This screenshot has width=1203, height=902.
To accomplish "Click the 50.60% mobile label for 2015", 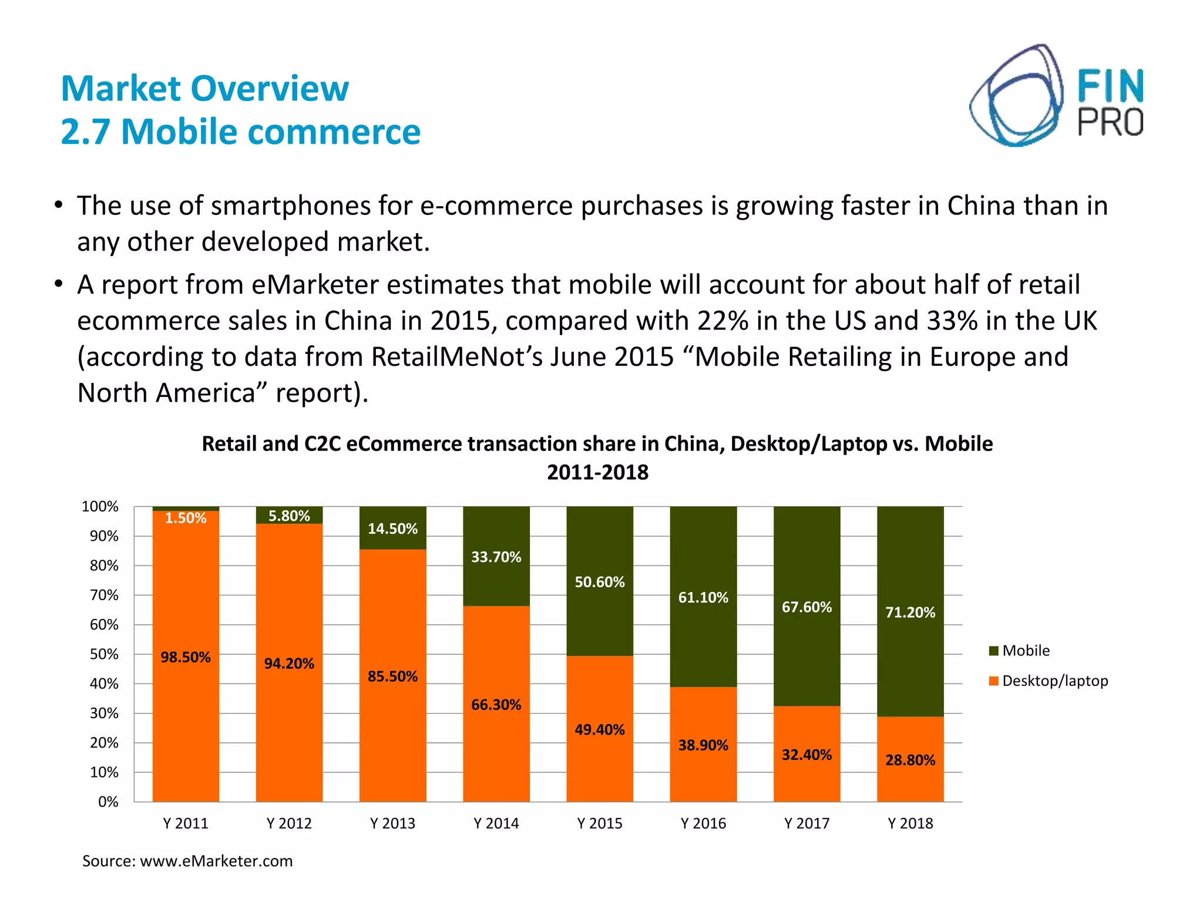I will (599, 582).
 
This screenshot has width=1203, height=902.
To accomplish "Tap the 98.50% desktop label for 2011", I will (185, 657).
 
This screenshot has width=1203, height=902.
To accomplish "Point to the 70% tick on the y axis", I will (104, 595).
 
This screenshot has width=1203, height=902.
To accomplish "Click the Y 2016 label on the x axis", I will (703, 823).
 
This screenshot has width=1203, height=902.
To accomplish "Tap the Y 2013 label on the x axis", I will (392, 823).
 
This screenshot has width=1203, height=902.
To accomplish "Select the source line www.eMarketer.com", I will (187, 861).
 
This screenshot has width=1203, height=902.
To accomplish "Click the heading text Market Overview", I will (205, 89).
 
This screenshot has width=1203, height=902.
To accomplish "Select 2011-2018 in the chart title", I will (597, 472).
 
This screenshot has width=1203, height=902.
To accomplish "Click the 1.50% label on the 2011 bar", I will (185, 518).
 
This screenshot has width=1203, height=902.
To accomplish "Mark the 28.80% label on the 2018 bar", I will (910, 760).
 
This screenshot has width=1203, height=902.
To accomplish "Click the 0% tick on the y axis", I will (108, 802).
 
